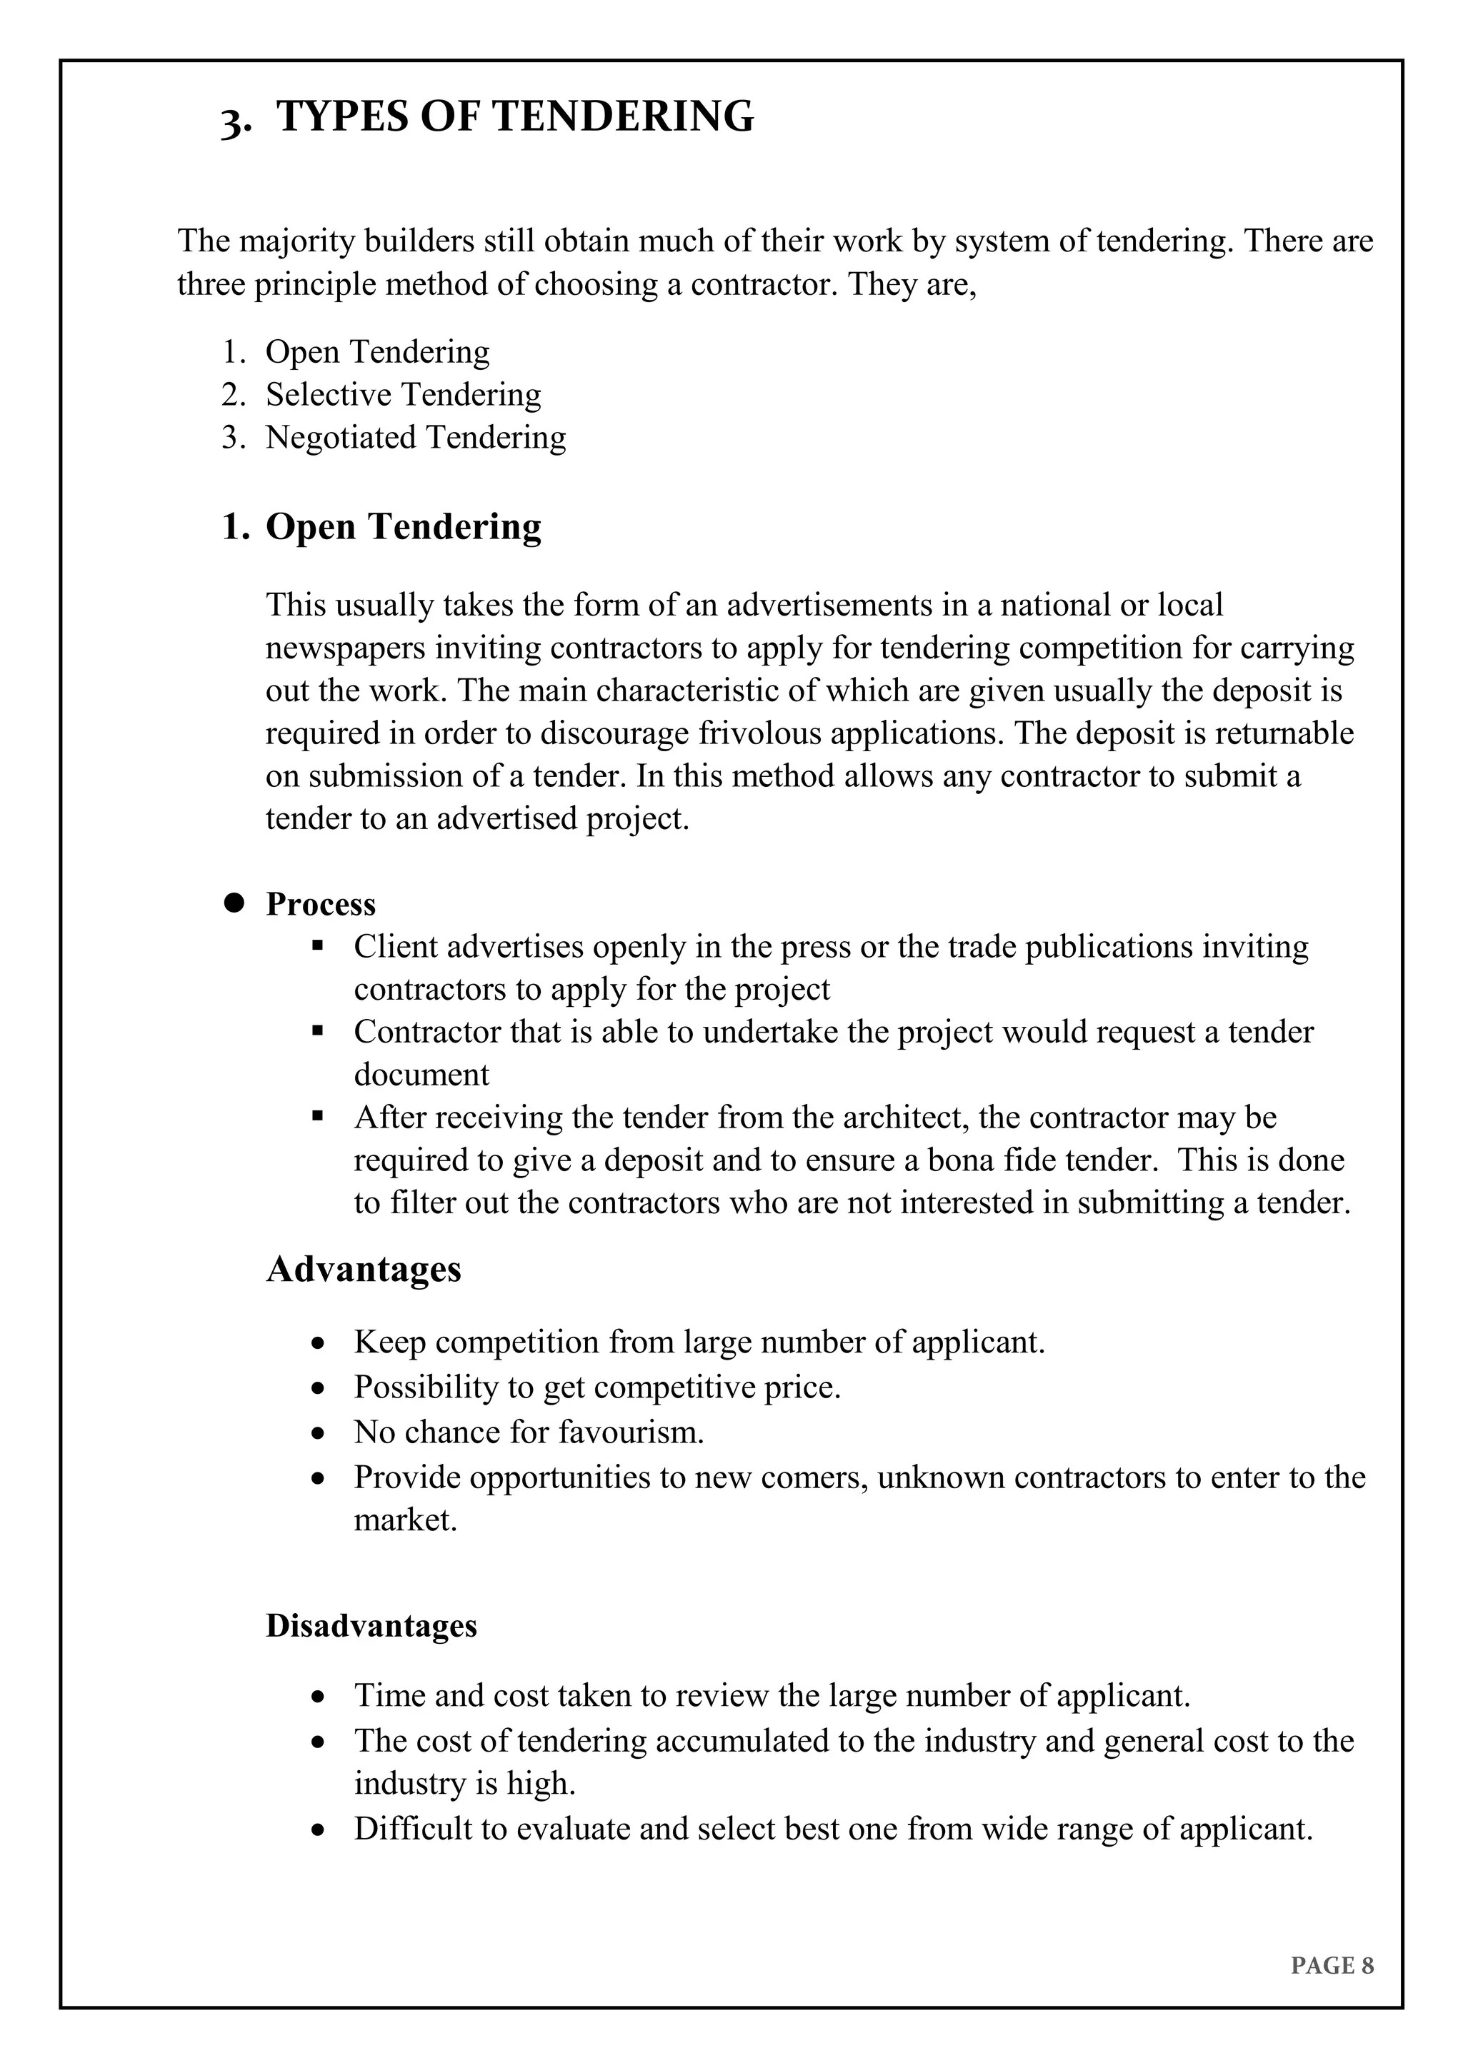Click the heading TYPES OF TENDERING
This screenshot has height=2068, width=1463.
(514, 117)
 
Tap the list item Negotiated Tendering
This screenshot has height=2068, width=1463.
(415, 438)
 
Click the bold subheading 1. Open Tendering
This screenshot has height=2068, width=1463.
(381, 527)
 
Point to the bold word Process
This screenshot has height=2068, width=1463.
(320, 904)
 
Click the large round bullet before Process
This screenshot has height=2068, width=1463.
(235, 903)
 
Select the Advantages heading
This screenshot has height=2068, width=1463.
(363, 1269)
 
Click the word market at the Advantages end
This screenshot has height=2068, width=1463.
(404, 1520)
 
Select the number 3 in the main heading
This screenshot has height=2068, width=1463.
(232, 121)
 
